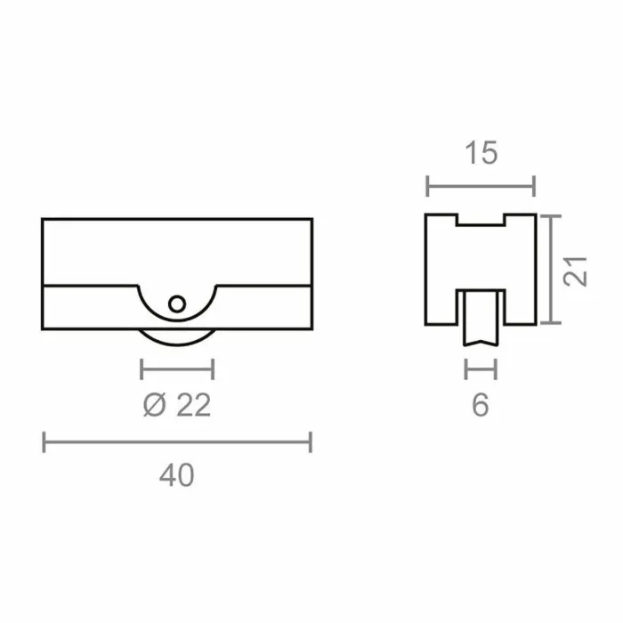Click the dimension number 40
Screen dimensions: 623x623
coord(177,475)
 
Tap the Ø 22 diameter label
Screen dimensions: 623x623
coord(177,405)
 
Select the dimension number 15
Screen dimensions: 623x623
coord(481,153)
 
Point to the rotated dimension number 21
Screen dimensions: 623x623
coord(575,271)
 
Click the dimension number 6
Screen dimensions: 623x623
coord(481,405)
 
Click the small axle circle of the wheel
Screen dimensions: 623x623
coord(177,304)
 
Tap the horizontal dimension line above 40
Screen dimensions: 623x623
coord(177,441)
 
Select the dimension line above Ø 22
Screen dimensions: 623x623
coord(177,369)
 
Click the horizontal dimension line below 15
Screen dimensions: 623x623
coord(481,186)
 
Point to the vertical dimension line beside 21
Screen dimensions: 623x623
coord(551,270)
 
